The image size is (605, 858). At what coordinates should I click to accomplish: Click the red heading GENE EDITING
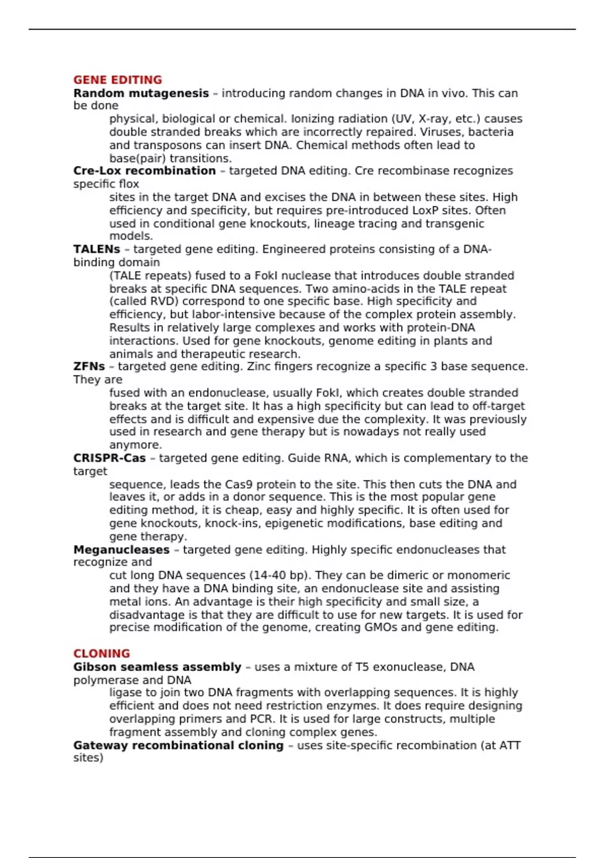(x=117, y=80)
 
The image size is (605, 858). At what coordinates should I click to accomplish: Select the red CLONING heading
(x=101, y=653)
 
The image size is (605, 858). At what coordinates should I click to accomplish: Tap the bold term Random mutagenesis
(x=141, y=93)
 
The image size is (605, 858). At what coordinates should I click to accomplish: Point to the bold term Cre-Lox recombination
(x=144, y=171)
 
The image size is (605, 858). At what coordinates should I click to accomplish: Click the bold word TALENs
(x=97, y=249)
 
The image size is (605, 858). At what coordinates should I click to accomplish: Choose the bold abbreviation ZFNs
(x=89, y=366)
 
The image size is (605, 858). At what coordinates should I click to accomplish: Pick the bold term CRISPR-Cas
(x=109, y=458)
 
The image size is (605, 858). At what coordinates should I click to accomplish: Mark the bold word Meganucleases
(x=121, y=550)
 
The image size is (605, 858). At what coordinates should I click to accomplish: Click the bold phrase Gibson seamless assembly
(x=157, y=667)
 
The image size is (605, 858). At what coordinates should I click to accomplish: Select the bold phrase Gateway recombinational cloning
(x=178, y=745)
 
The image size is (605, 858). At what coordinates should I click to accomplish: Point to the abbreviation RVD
(x=162, y=301)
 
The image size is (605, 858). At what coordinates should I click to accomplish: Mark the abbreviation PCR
(x=261, y=719)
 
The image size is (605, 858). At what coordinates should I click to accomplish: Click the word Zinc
(x=261, y=366)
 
